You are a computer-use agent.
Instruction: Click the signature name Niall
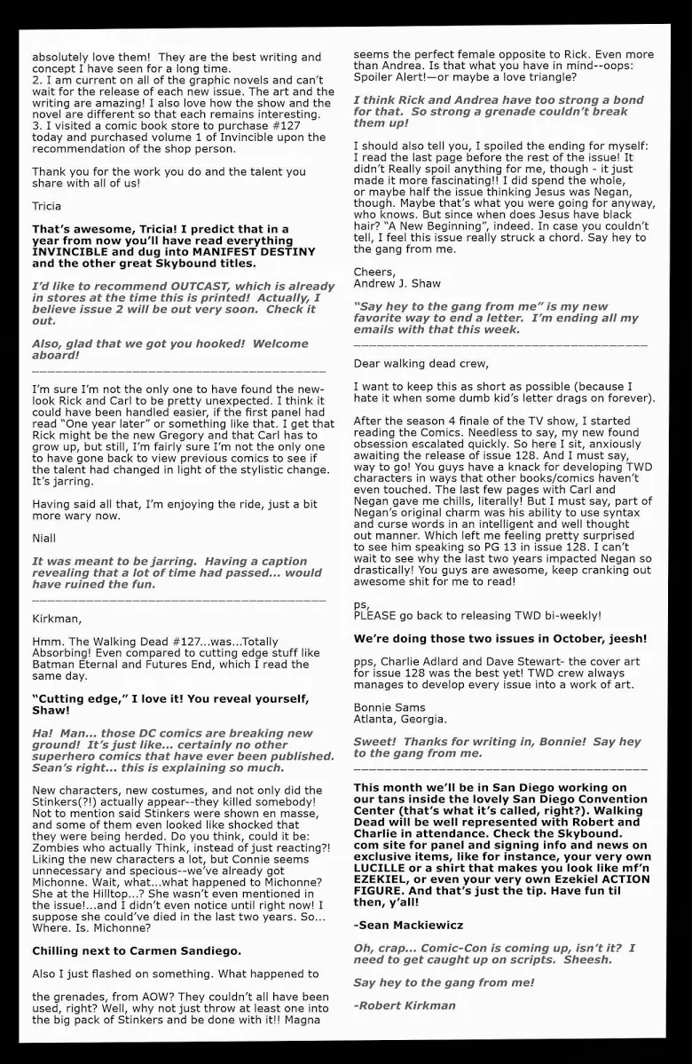(x=43, y=538)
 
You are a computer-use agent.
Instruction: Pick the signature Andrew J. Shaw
(x=397, y=284)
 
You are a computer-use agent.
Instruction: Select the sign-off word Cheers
(x=374, y=272)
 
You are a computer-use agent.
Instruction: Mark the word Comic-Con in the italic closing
(x=435, y=948)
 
